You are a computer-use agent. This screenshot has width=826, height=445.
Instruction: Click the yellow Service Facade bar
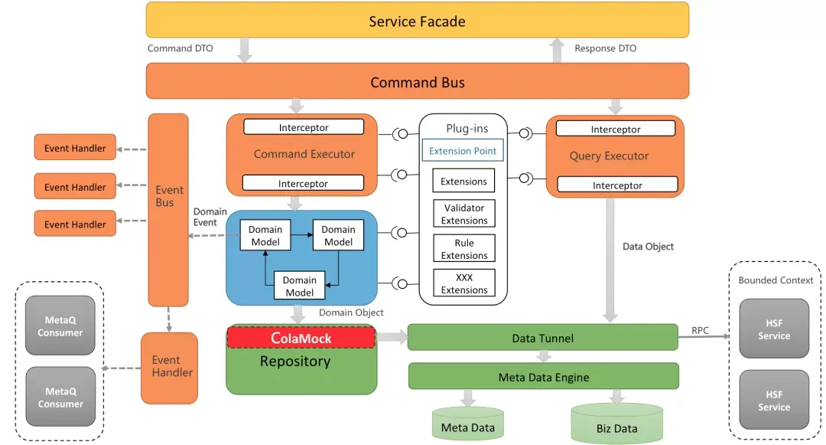coord(417,21)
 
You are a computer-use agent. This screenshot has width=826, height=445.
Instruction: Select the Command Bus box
coord(417,82)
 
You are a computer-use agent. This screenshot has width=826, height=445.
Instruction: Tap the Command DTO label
coord(180,48)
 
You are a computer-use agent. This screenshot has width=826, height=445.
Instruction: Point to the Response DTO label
coord(605,48)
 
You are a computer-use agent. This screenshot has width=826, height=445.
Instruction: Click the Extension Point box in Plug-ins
coord(463,151)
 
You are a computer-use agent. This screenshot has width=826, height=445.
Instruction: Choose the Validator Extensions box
coord(464,214)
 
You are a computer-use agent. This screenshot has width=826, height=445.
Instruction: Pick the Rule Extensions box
coord(464,249)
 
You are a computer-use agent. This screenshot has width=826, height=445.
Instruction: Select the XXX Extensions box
coord(464,283)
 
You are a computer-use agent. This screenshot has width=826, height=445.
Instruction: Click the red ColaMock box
coord(301,338)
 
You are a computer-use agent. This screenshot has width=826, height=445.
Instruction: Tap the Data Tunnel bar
coord(542,338)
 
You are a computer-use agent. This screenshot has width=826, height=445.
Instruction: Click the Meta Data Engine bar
coord(543,377)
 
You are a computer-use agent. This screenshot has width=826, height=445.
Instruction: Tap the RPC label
coord(700,331)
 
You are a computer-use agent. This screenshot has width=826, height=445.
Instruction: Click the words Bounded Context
coord(775,280)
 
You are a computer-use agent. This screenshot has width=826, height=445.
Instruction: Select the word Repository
coord(295,362)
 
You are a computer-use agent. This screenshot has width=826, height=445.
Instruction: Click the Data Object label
coord(648,247)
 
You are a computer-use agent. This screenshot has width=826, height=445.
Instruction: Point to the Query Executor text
coord(609,156)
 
